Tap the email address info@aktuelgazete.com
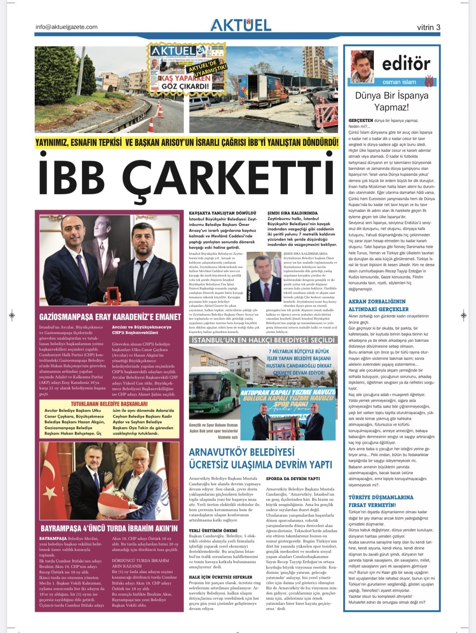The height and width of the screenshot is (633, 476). [66, 27]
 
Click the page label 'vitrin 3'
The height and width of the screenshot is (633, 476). [428, 27]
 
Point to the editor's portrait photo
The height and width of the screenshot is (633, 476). [362, 66]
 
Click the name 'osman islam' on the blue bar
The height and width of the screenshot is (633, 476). [399, 82]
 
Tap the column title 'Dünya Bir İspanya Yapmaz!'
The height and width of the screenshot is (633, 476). [392, 101]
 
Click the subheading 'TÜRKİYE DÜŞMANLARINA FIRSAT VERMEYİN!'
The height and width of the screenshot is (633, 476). [381, 501]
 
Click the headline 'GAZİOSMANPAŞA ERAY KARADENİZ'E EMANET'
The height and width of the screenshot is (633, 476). [110, 317]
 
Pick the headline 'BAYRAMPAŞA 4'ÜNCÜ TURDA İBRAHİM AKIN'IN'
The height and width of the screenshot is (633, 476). [109, 528]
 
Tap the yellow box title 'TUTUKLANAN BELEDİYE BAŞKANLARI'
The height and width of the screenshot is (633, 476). [109, 404]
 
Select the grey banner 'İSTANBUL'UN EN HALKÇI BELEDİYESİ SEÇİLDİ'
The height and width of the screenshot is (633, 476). [263, 340]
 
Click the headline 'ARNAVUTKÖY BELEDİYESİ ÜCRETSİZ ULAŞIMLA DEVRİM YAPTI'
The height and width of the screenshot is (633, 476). [261, 458]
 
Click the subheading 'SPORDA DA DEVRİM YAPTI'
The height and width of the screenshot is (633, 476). [293, 478]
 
